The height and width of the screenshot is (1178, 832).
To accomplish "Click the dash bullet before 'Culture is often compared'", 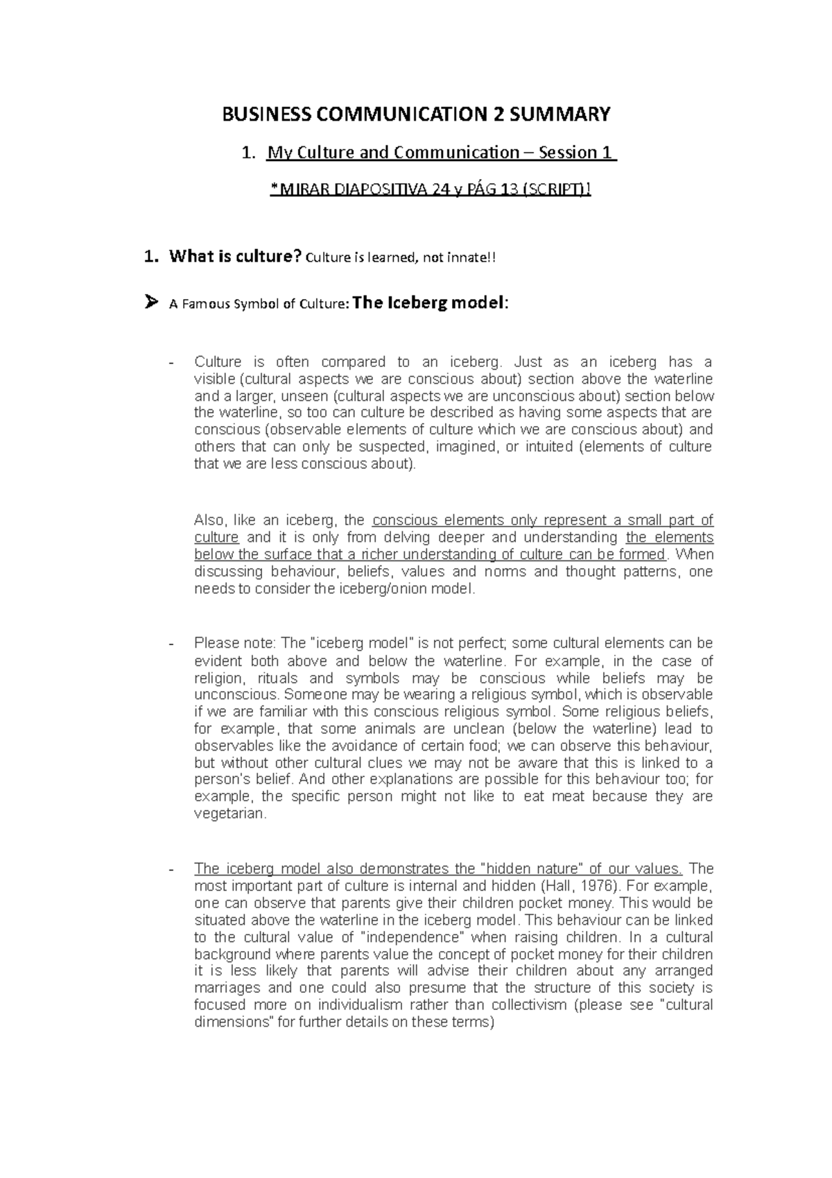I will point(173,362).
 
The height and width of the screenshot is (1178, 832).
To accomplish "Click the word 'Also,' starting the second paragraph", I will point(210,520).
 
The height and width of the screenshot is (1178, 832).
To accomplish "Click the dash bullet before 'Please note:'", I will point(173,644).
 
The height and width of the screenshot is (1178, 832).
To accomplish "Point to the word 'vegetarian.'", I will point(230,814).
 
